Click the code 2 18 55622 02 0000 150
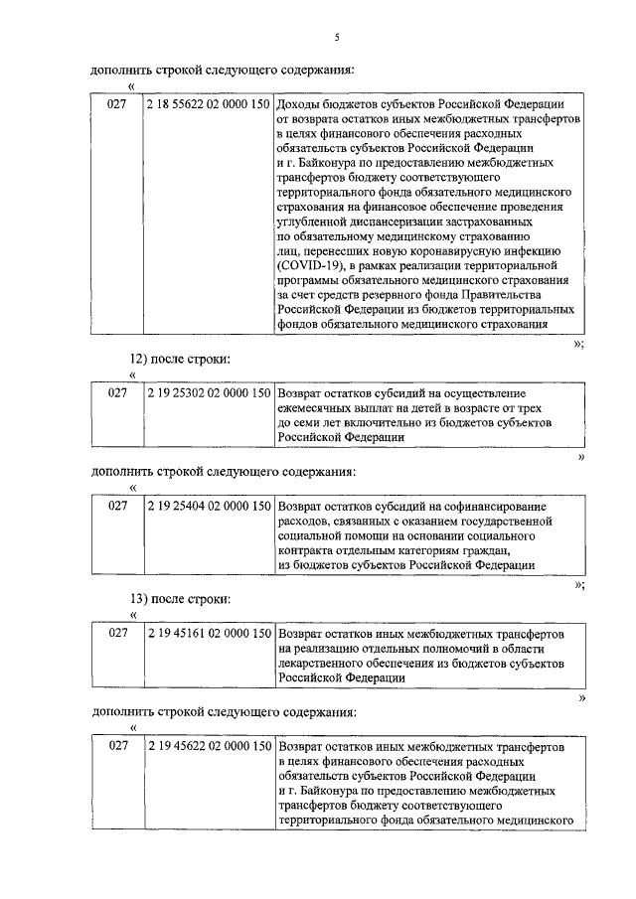[208, 103]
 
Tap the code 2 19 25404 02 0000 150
[208, 506]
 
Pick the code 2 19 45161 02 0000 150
[208, 632]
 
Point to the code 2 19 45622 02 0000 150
[208, 745]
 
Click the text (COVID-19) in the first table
[309, 266]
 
